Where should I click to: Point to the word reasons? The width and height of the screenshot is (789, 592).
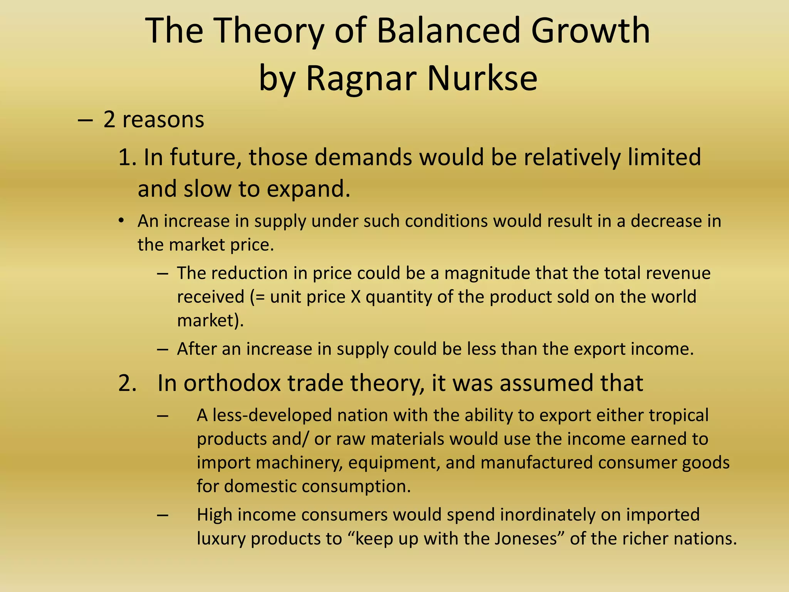(x=163, y=119)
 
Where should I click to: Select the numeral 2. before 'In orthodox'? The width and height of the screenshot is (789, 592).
(x=128, y=383)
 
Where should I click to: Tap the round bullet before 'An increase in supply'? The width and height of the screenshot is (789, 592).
(x=121, y=221)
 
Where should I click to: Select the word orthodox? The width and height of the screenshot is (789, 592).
(x=232, y=383)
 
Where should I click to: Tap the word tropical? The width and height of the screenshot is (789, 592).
(x=678, y=415)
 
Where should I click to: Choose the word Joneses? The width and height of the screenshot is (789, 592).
(x=531, y=538)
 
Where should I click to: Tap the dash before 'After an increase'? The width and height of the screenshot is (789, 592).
(x=163, y=349)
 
